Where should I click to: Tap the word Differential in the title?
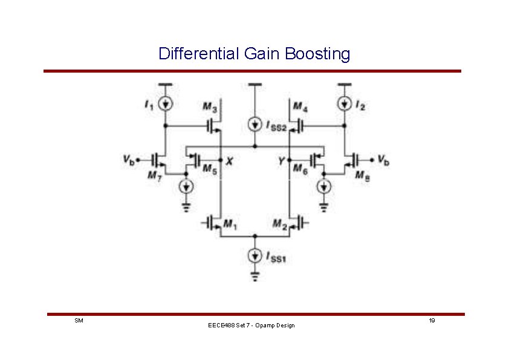point(199,54)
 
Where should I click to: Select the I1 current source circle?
point(164,103)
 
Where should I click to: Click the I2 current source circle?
point(344,103)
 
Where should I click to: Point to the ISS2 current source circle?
point(255,125)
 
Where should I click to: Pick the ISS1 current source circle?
point(255,255)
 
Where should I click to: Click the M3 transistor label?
point(210,107)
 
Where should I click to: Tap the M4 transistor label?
point(300,107)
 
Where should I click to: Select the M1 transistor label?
point(230,224)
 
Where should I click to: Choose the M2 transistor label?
point(279,224)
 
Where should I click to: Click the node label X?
point(229,161)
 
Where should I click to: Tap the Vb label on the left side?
point(128,160)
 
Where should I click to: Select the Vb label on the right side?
point(383,160)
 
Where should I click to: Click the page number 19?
point(432,320)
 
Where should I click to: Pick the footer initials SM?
point(79,320)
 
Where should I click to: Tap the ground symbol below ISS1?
point(255,277)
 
